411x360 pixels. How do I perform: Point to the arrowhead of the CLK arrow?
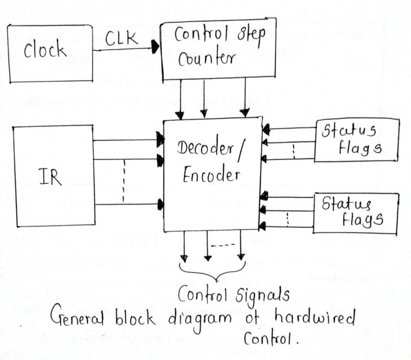coord(156,48)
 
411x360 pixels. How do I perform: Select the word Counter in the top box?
coord(207,58)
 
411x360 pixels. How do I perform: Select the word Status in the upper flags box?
coord(348,131)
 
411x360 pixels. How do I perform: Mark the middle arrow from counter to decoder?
coord(203,99)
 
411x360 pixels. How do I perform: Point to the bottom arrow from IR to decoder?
coord(128,204)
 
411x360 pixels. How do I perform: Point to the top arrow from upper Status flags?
coord(289,128)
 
